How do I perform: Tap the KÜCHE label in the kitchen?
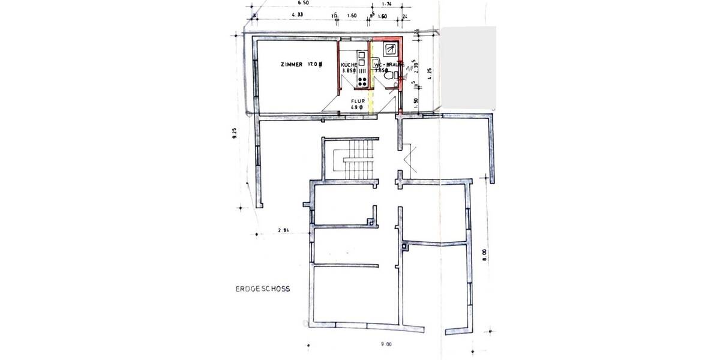tap(349, 65)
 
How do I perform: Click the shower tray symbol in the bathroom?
tap(391, 47)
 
